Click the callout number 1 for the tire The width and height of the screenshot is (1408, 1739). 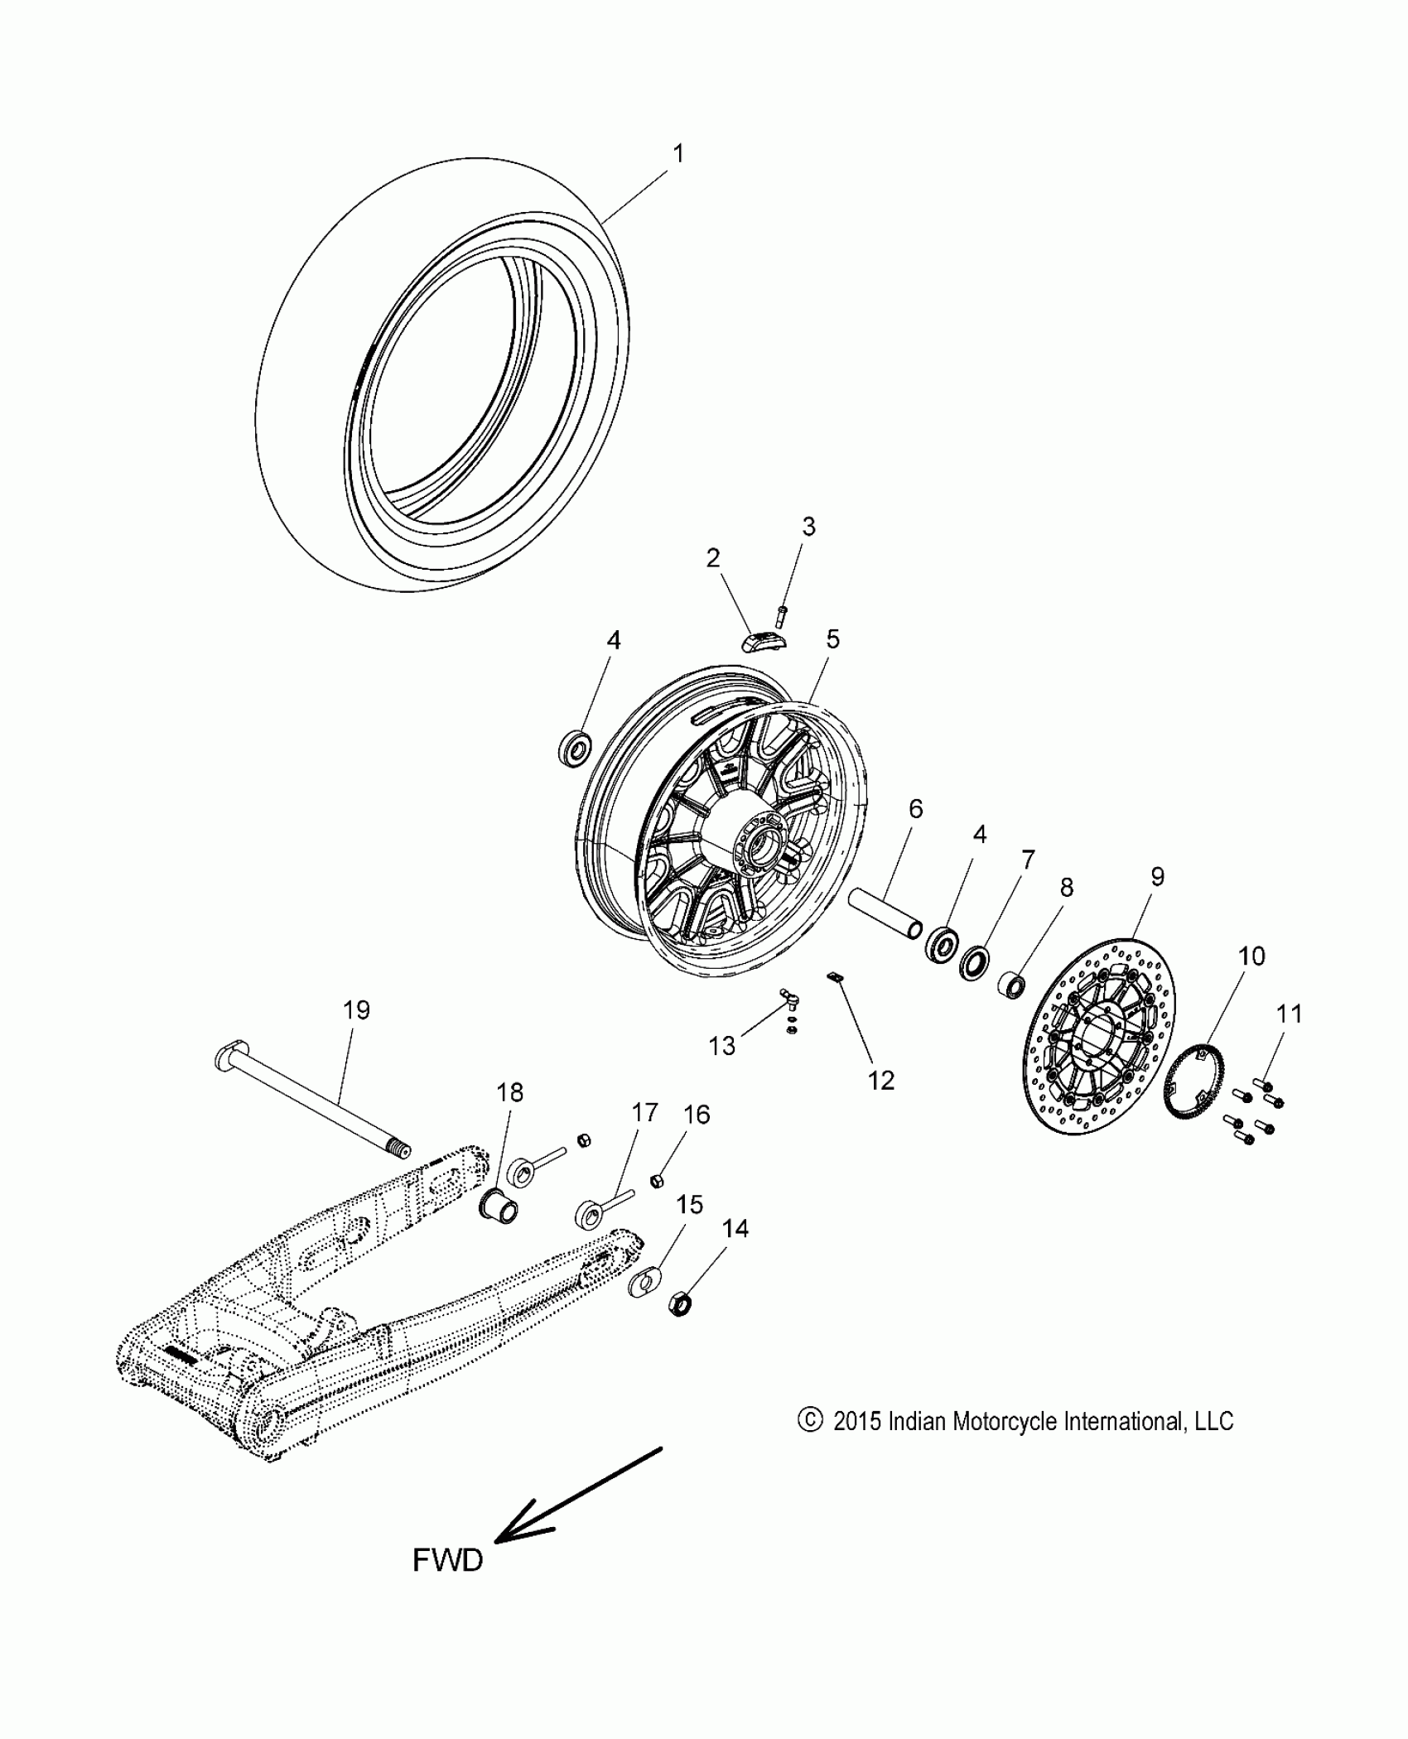[678, 154]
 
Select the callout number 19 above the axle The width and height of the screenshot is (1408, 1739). [356, 1010]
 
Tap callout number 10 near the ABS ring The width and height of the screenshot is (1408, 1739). [1251, 956]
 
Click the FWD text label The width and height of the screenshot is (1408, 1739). [447, 1561]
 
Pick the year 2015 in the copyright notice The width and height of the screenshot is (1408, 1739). [858, 1422]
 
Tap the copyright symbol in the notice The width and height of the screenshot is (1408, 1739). [809, 1421]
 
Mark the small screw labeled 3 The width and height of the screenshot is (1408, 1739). [782, 615]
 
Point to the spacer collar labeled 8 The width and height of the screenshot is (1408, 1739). [1010, 985]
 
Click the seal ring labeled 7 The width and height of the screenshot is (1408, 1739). [975, 963]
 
